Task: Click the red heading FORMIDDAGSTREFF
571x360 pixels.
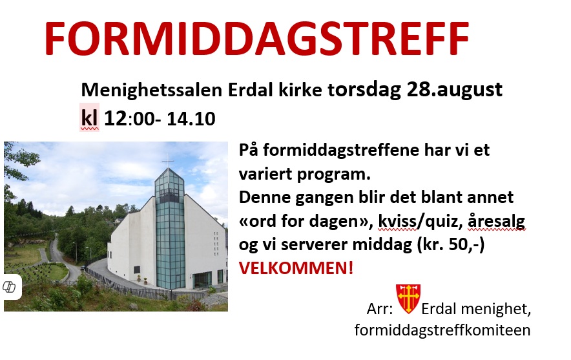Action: [256, 39]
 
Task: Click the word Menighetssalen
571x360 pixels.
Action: [152, 90]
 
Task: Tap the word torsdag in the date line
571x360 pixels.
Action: [364, 90]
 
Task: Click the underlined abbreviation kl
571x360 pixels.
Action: [89, 118]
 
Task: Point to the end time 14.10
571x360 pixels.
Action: [191, 119]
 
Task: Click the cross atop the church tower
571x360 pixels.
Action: [167, 161]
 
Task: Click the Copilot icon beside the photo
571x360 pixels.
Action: [9, 287]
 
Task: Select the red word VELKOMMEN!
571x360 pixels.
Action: [296, 268]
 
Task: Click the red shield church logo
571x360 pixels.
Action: [408, 299]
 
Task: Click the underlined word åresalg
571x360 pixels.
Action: [496, 221]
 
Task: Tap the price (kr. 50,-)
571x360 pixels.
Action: [451, 244]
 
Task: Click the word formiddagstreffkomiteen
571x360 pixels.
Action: [442, 330]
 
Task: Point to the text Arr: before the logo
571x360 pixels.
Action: [380, 309]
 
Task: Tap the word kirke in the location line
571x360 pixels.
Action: [300, 90]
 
